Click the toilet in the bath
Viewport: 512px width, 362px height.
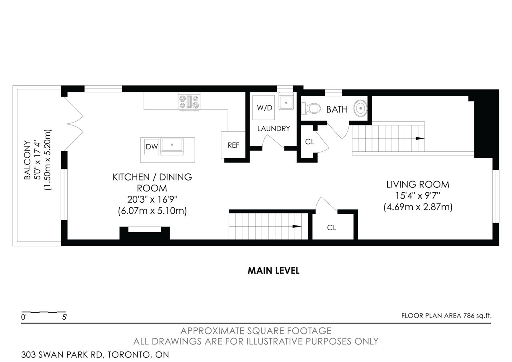[x=311, y=109]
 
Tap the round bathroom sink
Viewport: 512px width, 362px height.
[x=360, y=108]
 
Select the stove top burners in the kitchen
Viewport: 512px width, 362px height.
[x=189, y=102]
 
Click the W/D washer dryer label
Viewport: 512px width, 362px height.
[x=264, y=108]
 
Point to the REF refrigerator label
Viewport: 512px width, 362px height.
[x=233, y=145]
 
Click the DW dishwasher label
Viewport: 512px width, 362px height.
[x=152, y=147]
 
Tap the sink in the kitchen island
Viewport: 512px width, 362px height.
[x=172, y=145]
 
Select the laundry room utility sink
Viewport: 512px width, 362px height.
[x=286, y=103]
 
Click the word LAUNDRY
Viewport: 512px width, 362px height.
[x=274, y=129]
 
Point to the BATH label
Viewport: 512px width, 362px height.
[x=337, y=109]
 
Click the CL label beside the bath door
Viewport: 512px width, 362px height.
[x=310, y=142]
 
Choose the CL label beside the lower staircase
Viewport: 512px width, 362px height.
[x=332, y=228]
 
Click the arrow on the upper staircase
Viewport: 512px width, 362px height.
[x=420, y=139]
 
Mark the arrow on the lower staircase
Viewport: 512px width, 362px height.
[x=297, y=227]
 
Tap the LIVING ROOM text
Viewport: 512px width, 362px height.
[x=418, y=185]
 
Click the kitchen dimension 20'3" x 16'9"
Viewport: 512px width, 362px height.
[x=152, y=199]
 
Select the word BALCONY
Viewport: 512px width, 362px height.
[x=27, y=160]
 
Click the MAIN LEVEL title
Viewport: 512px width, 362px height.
[x=274, y=271]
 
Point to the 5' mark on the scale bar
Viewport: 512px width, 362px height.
[x=65, y=317]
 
